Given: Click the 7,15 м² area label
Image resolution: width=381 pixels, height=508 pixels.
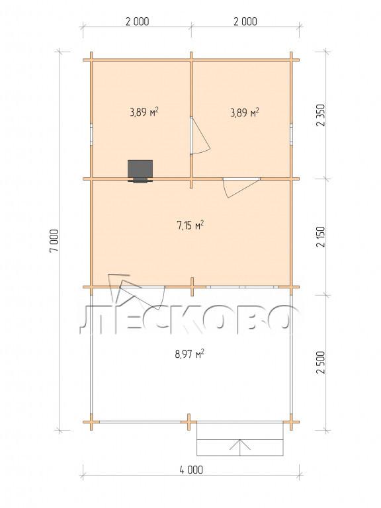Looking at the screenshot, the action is pos(190,225).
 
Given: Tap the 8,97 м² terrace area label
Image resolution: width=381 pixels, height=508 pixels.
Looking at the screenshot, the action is pos(189,354).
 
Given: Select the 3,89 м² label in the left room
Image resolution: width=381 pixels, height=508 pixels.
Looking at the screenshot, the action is pos(144,112).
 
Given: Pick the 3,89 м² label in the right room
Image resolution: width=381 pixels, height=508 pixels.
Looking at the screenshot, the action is pos(245,112).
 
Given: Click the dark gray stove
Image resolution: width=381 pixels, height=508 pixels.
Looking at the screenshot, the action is pos(140,171).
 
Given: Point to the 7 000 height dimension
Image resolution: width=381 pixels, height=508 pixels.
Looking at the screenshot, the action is pos(54,240).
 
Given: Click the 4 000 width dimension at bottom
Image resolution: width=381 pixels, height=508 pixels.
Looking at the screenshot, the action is pos(191,470).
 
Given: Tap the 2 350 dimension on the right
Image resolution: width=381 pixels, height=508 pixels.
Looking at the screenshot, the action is pos(321,115).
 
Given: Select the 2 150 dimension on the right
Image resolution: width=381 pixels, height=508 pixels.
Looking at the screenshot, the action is pos(321,237).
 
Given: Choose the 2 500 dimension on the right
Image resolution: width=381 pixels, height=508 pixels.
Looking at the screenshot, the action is pos(321,362).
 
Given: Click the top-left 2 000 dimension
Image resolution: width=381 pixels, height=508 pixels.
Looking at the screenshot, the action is pos(137,21).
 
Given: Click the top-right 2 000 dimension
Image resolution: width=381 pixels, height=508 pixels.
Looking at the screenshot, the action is pos(245,21).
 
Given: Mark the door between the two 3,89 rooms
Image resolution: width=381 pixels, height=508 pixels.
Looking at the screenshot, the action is pos(200,136).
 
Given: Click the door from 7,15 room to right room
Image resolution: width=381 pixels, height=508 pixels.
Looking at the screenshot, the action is pos(241,187).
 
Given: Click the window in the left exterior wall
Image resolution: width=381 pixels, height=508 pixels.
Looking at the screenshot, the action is pos(91,134).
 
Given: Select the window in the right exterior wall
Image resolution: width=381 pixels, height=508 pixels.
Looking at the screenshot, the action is pos(291,133).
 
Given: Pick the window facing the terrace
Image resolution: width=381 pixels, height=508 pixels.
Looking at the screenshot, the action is pos(242,286).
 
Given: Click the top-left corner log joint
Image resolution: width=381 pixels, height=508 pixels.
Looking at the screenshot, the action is pos(91,60).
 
